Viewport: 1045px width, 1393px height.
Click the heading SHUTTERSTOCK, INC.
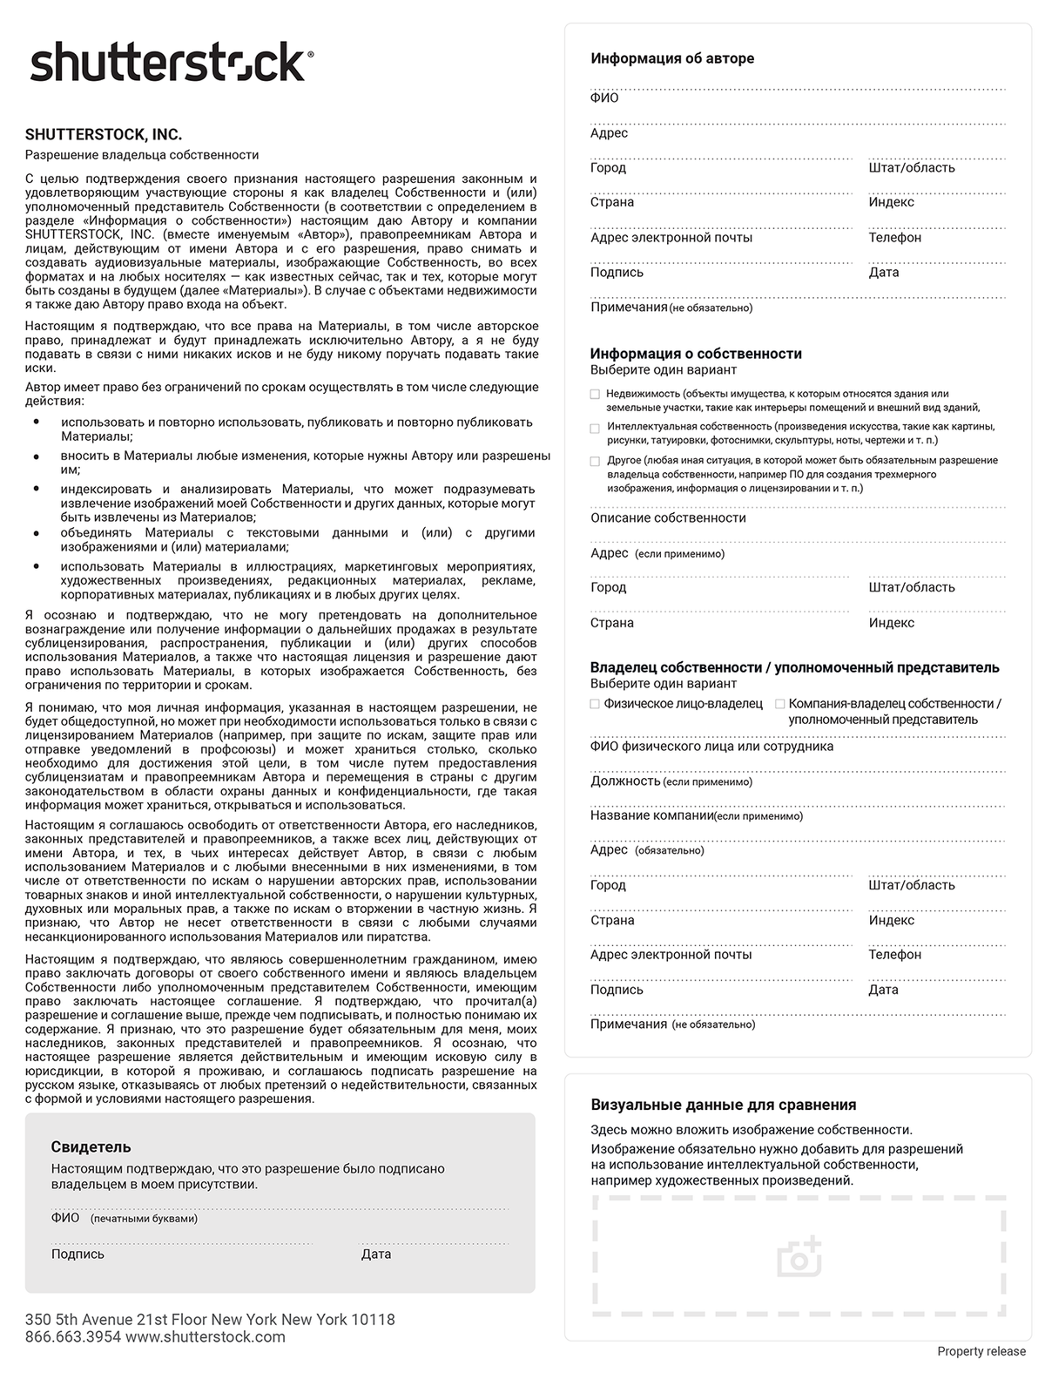click(x=104, y=135)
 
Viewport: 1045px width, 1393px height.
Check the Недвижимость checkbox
click(x=595, y=395)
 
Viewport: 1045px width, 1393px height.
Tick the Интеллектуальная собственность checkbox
click(x=595, y=428)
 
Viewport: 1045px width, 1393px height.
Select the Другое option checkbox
click(x=595, y=461)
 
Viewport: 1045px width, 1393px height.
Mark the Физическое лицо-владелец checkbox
click(x=595, y=704)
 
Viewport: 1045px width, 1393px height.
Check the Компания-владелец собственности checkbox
click(x=779, y=704)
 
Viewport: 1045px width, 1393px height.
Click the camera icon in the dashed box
click(x=799, y=1256)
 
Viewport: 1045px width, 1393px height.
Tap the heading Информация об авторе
click(x=672, y=58)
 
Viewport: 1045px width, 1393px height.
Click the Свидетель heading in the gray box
click(x=91, y=1147)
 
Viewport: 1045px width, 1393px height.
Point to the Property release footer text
click(x=981, y=1351)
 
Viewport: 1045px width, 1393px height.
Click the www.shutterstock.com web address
click(x=206, y=1337)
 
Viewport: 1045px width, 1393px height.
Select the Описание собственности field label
click(x=668, y=517)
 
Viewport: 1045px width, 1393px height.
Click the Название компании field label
click(x=651, y=815)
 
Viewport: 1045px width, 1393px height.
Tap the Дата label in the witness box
click(x=376, y=1254)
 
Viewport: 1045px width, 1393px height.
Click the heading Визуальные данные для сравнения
click(x=723, y=1105)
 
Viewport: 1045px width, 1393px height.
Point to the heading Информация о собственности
click(x=696, y=354)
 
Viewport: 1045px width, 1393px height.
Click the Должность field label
click(x=625, y=781)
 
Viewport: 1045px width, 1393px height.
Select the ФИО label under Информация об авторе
click(x=604, y=98)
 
